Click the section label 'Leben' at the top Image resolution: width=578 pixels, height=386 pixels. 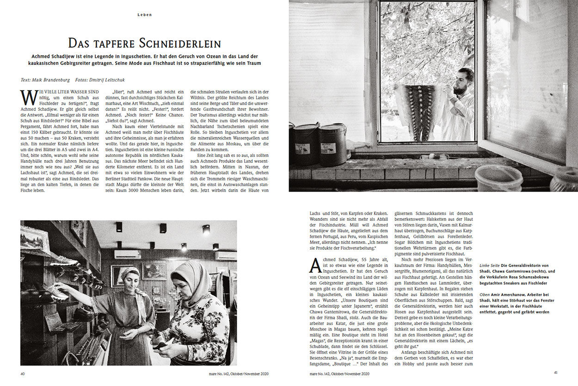point(145,15)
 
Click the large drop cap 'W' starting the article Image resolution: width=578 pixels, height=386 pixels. point(28,98)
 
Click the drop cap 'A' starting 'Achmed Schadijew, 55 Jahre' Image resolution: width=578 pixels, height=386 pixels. point(315,265)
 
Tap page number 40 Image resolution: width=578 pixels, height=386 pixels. point(23,373)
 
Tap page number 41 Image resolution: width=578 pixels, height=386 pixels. point(556,373)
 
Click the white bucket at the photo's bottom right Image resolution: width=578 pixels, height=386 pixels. point(499,178)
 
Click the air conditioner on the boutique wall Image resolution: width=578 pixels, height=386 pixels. point(127,254)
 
